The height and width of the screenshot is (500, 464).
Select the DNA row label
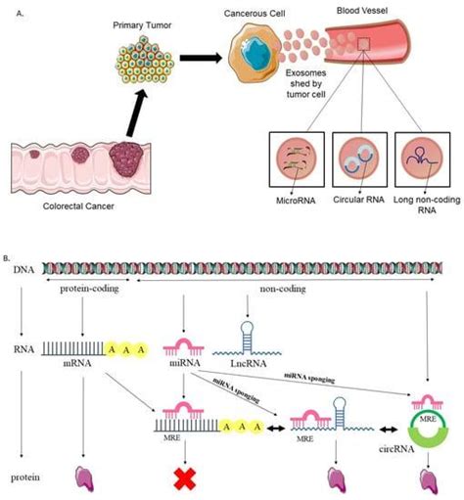pos(20,280)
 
